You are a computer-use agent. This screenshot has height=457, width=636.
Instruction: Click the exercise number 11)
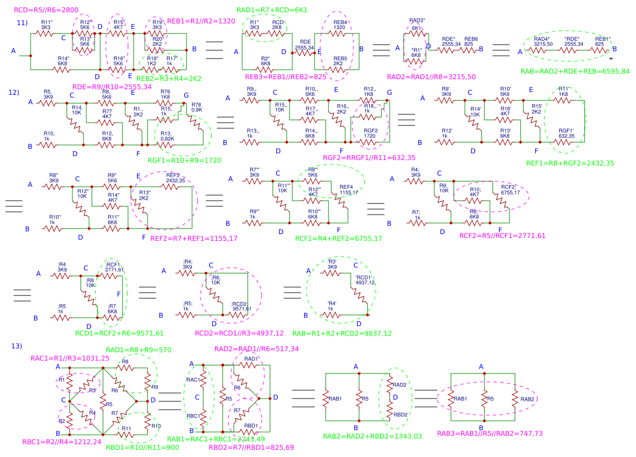[x=22, y=23]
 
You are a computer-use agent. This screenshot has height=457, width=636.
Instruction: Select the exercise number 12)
[x=14, y=92]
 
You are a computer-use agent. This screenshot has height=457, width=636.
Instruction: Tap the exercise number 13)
[x=17, y=346]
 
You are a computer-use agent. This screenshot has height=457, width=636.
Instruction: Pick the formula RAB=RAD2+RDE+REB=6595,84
[x=575, y=71]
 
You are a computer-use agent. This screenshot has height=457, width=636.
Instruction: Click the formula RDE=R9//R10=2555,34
[x=112, y=87]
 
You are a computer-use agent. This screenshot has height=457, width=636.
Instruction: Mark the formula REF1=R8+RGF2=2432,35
[x=578, y=163]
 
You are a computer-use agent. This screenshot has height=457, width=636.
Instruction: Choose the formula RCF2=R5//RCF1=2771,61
[x=502, y=236]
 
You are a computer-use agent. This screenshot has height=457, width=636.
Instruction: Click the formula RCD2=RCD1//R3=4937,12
[x=239, y=333]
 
